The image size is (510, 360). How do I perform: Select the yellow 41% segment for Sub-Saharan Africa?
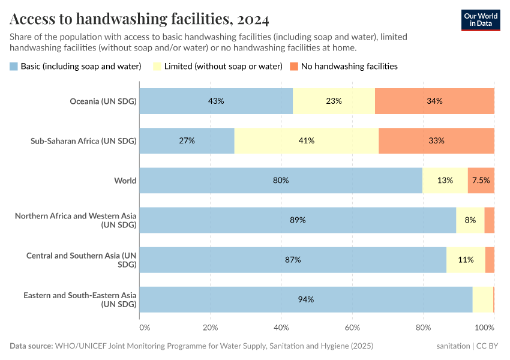tap(306, 140)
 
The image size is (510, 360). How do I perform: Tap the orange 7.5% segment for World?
tap(481, 180)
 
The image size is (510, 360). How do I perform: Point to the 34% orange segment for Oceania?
tap(434, 101)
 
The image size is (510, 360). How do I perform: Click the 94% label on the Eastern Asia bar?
tap(306, 299)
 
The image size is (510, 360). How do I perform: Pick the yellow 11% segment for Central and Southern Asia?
tap(466, 260)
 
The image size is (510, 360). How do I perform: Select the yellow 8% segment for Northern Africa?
tap(470, 220)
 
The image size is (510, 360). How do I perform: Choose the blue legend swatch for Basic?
tap(14, 66)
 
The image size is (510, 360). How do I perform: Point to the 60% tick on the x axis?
tap(352, 328)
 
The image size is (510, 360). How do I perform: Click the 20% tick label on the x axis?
tap(210, 328)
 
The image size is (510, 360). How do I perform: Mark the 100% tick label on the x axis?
tap(485, 328)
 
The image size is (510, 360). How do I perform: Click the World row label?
tap(125, 180)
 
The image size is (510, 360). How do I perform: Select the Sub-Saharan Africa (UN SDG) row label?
tap(83, 141)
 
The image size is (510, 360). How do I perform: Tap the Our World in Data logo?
tap(480, 20)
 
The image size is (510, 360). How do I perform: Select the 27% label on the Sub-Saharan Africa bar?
tap(187, 140)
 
